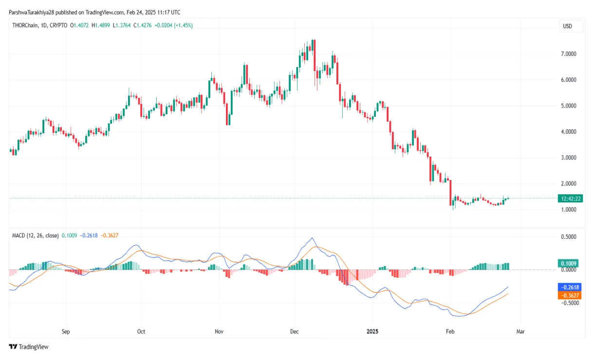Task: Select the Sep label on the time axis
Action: click(x=66, y=332)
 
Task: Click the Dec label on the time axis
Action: click(x=294, y=332)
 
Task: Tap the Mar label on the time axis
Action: click(x=520, y=332)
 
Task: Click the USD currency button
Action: click(x=567, y=26)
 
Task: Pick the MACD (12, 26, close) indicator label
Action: click(x=35, y=235)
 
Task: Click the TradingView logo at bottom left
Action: click(x=29, y=347)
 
